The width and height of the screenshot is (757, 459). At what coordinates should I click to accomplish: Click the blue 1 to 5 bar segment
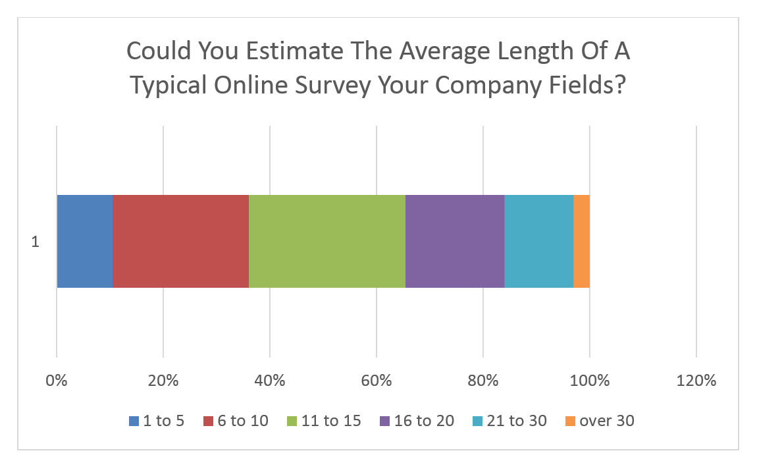click(x=85, y=241)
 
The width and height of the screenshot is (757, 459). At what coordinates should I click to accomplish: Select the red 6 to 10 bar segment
click(x=181, y=241)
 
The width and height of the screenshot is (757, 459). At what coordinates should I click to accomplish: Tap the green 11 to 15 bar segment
click(x=327, y=241)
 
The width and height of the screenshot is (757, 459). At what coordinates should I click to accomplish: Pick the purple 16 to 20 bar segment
click(x=455, y=241)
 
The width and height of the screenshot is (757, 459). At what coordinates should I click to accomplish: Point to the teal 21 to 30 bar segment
click(x=539, y=241)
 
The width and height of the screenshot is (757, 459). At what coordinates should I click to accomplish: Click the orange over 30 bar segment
click(x=582, y=241)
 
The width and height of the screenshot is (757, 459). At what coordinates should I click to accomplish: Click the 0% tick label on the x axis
click(x=57, y=381)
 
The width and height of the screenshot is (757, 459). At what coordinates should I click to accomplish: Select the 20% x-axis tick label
click(x=163, y=381)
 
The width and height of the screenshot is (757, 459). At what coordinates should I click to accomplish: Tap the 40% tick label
click(x=270, y=381)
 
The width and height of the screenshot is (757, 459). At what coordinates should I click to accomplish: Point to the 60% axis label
click(x=377, y=381)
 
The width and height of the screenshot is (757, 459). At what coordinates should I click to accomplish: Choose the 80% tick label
click(x=483, y=381)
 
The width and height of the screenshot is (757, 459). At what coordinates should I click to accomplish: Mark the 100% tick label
click(x=590, y=381)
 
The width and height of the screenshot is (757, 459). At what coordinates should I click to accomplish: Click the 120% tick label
click(x=696, y=381)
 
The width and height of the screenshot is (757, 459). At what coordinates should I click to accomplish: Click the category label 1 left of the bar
click(x=36, y=242)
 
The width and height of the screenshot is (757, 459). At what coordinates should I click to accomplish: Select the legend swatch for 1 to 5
click(x=134, y=421)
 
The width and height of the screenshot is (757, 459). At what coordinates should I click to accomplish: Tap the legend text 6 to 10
click(x=243, y=421)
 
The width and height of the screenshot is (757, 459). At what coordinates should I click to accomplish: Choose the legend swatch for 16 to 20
click(x=385, y=421)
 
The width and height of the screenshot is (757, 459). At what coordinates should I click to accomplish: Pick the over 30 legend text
click(x=607, y=421)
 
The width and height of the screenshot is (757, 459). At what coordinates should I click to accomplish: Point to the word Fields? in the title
click(x=587, y=85)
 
